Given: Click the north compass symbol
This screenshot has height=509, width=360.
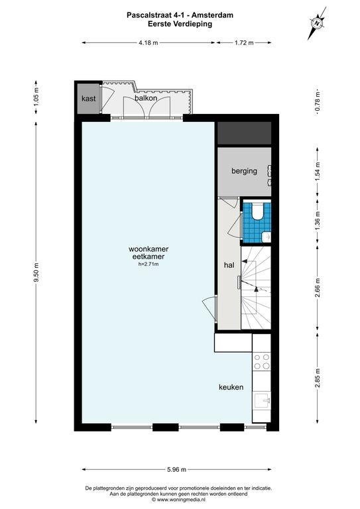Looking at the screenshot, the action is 316,23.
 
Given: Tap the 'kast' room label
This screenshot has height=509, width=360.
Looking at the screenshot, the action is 88,98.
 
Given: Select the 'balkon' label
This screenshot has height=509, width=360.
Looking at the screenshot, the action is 146,98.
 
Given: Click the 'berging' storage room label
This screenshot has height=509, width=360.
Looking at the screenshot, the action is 244,171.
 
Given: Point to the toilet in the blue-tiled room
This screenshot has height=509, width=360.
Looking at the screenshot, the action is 258,211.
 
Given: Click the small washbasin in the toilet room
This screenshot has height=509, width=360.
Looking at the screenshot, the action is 266,237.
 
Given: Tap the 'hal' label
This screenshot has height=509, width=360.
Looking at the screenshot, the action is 229,265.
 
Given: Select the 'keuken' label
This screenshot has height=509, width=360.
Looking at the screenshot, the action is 231,387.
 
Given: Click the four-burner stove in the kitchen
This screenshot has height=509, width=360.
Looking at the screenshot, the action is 262,361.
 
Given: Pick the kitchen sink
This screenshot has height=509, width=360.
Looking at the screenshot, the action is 262,401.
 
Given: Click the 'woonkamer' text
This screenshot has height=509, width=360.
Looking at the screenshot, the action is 149,249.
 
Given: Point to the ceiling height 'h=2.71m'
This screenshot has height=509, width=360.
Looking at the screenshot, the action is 149,264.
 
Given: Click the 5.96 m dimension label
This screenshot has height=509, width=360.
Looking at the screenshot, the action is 176,469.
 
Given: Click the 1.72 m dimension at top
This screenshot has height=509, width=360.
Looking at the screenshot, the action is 244,42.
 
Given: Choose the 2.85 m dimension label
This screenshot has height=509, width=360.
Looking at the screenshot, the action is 318,378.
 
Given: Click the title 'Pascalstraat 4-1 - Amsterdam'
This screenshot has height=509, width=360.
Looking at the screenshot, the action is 180,15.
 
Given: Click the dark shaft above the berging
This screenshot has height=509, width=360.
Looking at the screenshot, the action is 244,133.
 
